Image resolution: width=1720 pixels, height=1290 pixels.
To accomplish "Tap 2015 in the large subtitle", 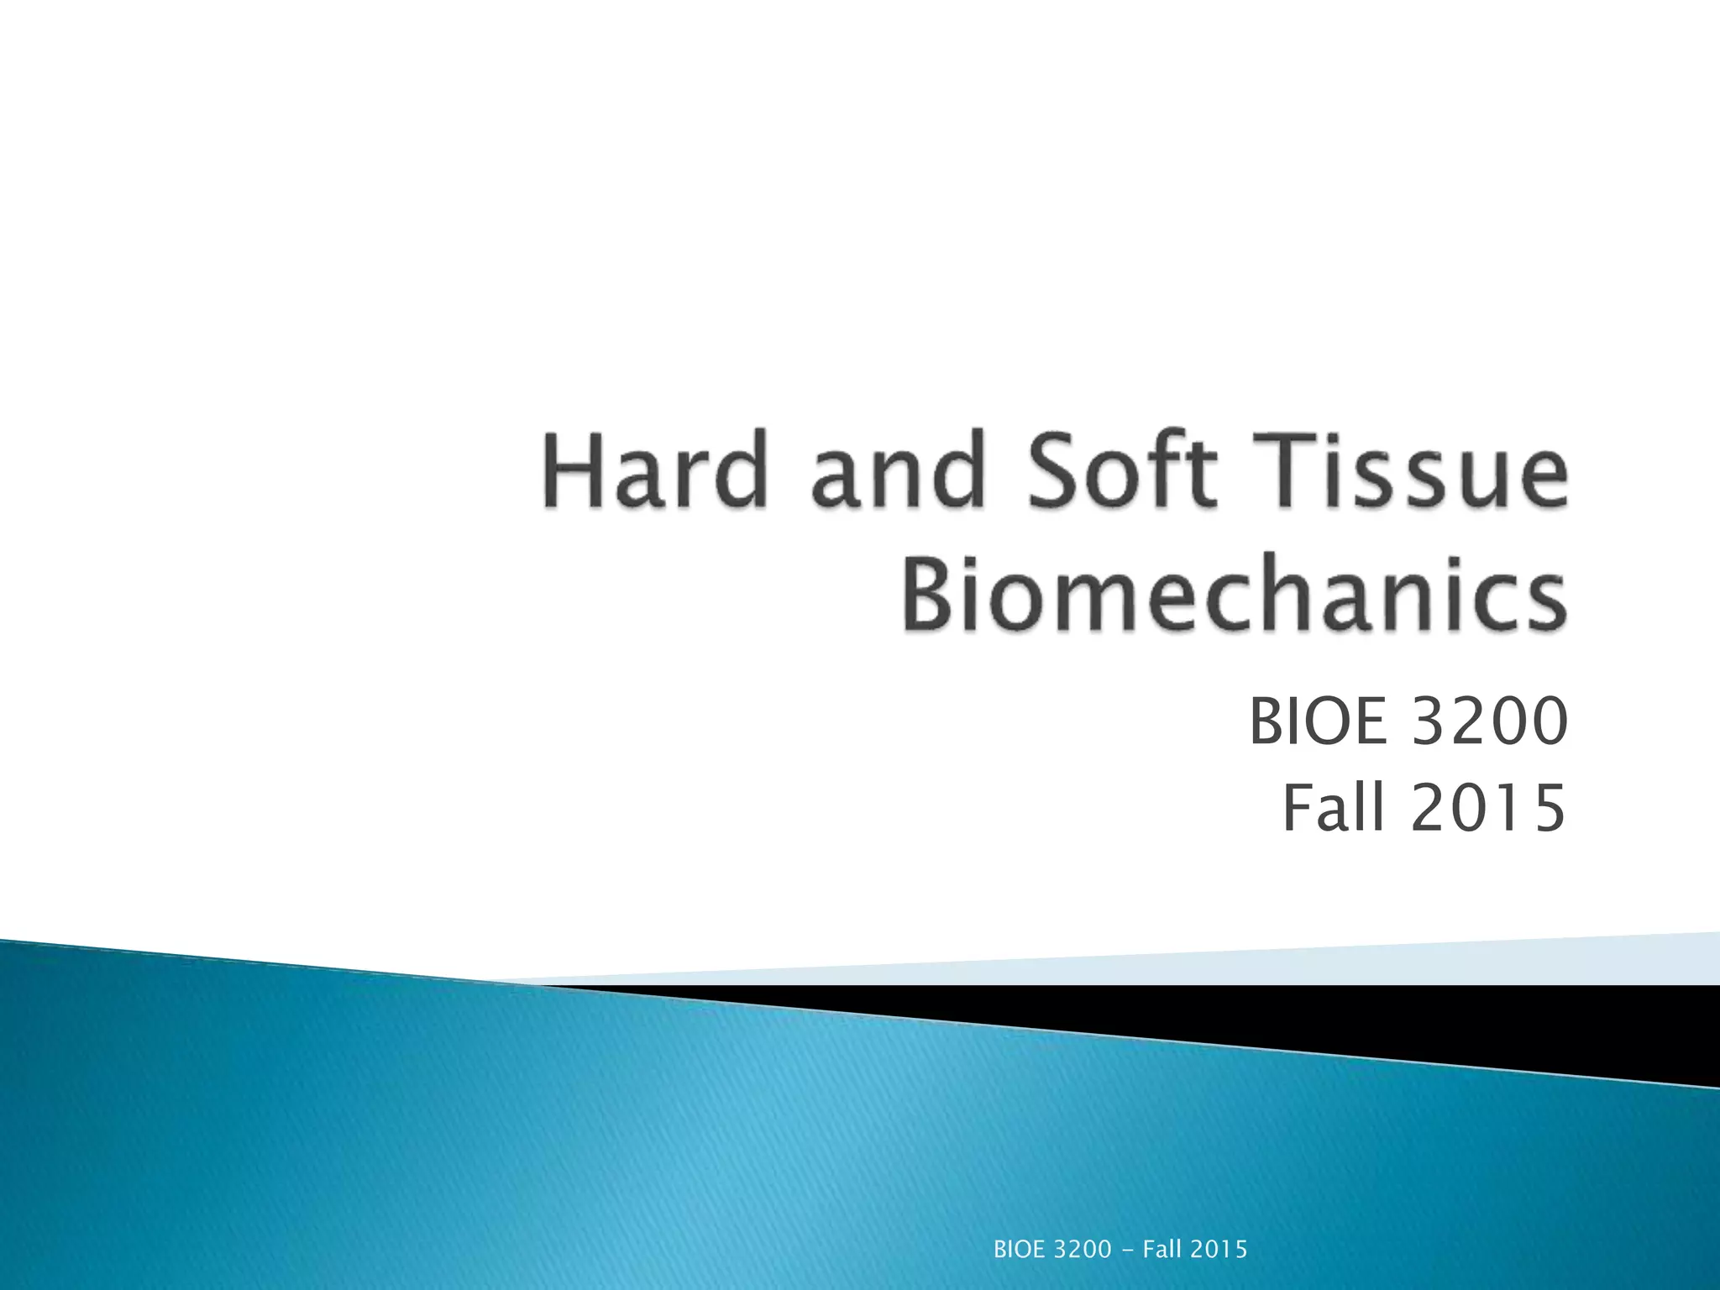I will [x=1489, y=808].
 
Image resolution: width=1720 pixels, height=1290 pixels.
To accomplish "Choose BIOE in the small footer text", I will [x=1019, y=1250].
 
